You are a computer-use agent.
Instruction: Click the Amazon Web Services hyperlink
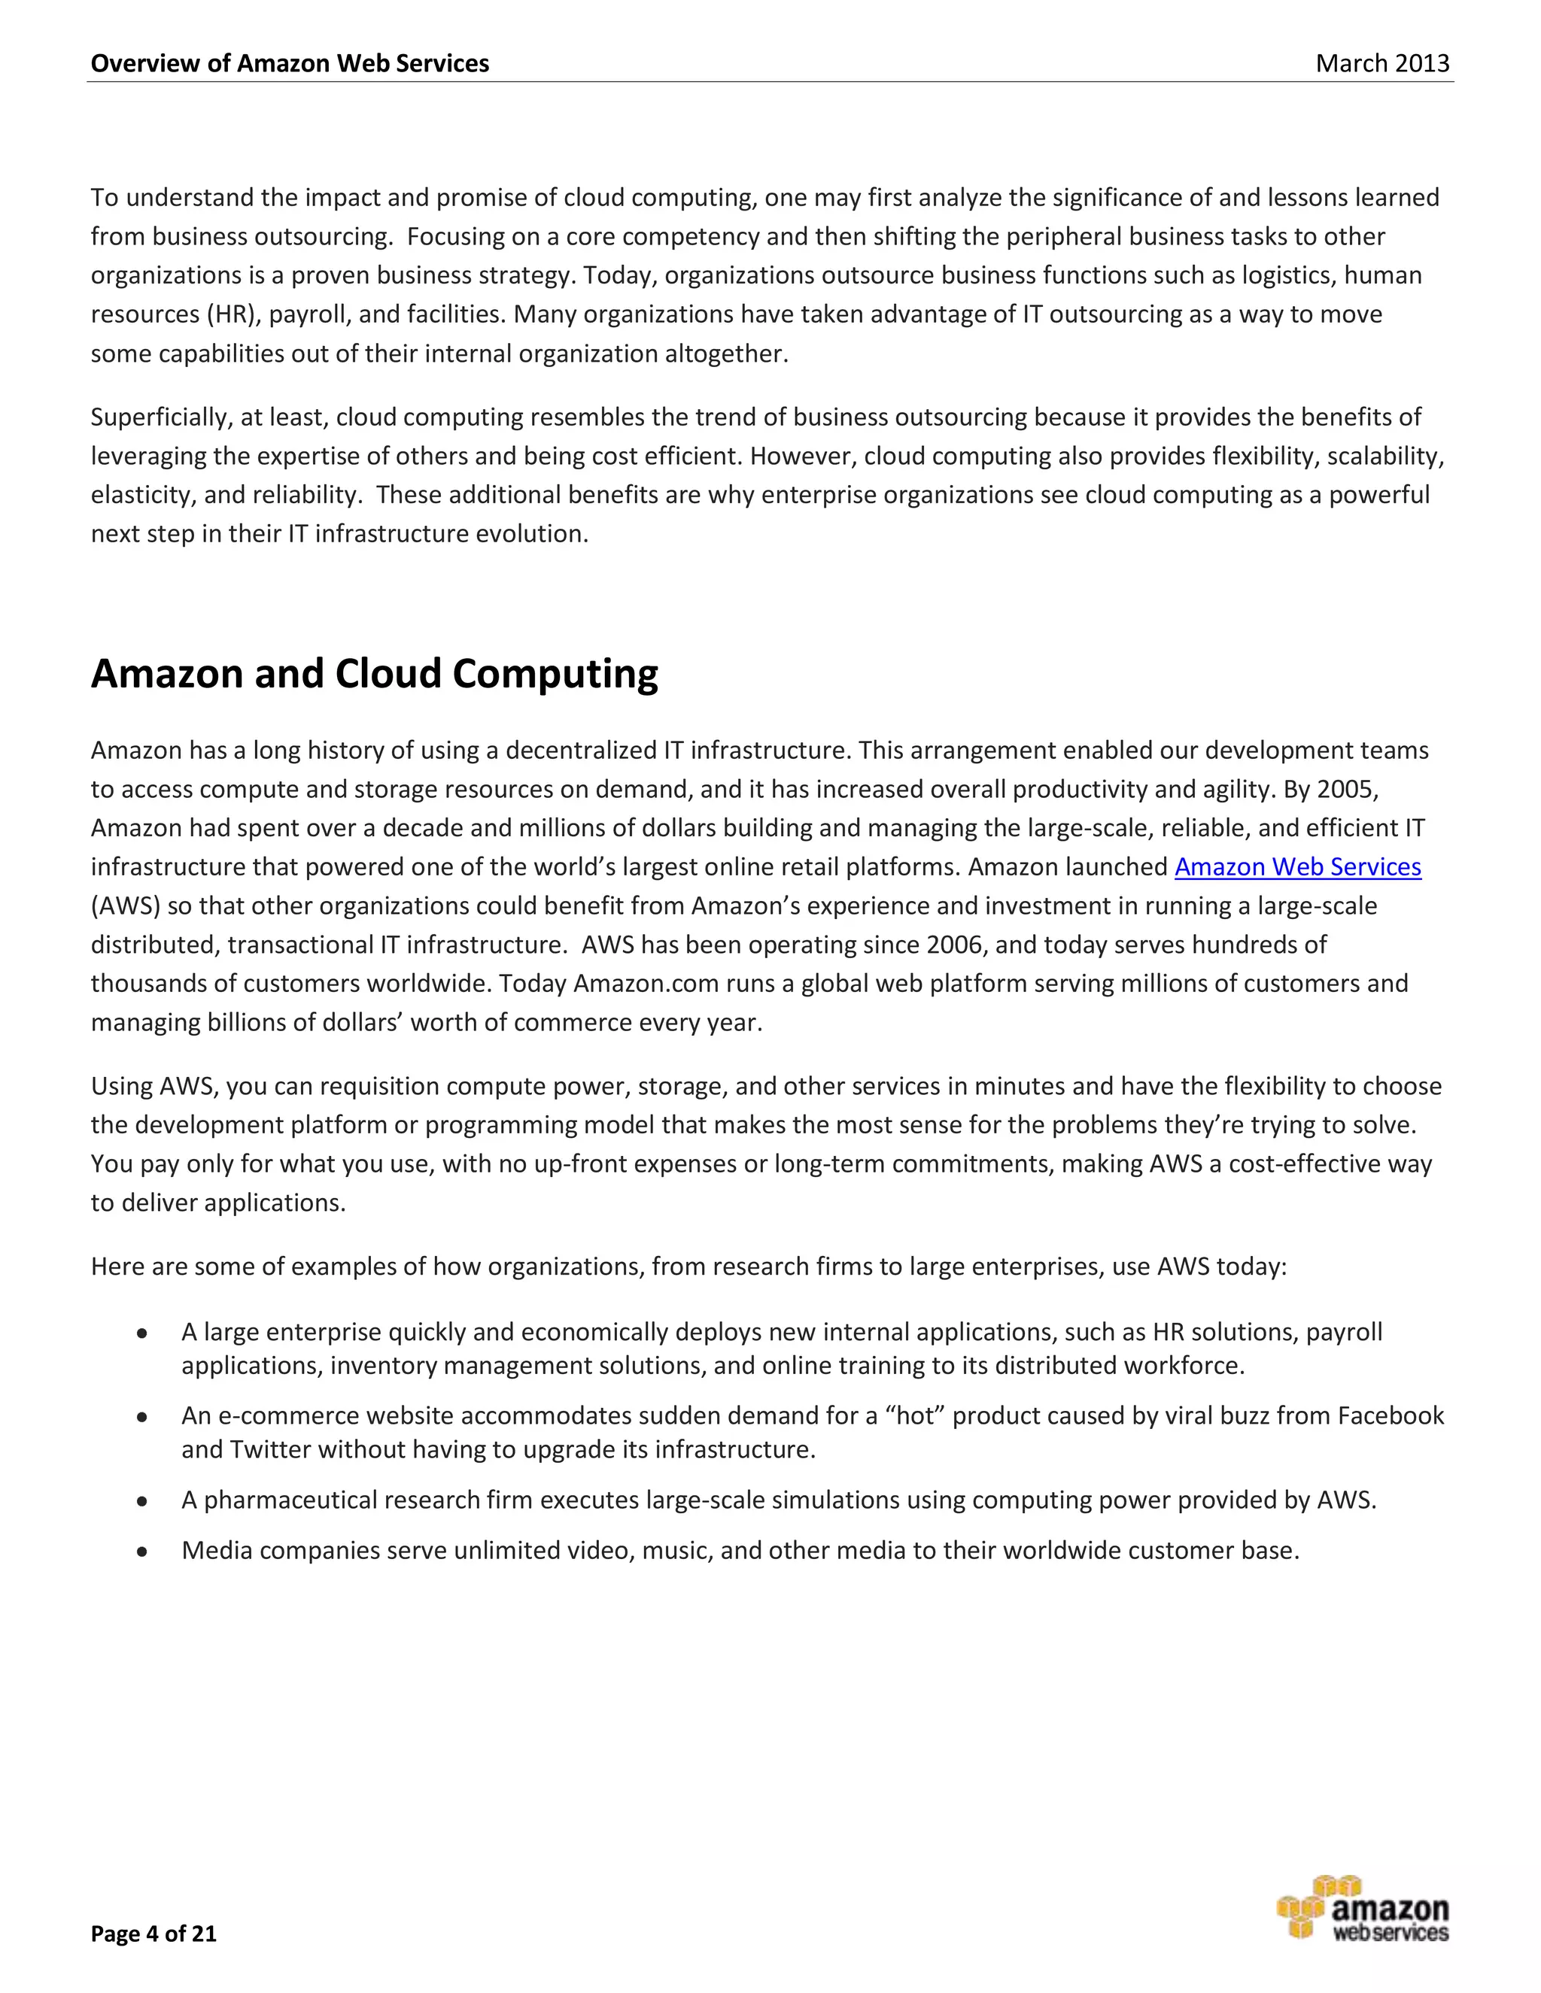pyautogui.click(x=1297, y=867)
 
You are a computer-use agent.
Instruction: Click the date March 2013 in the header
pyautogui.click(x=1382, y=63)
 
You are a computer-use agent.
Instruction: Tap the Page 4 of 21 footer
pyautogui.click(x=153, y=1933)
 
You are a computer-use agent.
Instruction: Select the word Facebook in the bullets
pyautogui.click(x=1391, y=1415)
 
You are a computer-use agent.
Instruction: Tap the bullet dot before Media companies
pyautogui.click(x=141, y=1552)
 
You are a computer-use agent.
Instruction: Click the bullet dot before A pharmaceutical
pyautogui.click(x=141, y=1501)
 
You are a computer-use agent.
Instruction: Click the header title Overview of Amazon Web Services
pyautogui.click(x=290, y=63)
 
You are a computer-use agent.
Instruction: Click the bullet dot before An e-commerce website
pyautogui.click(x=141, y=1417)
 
